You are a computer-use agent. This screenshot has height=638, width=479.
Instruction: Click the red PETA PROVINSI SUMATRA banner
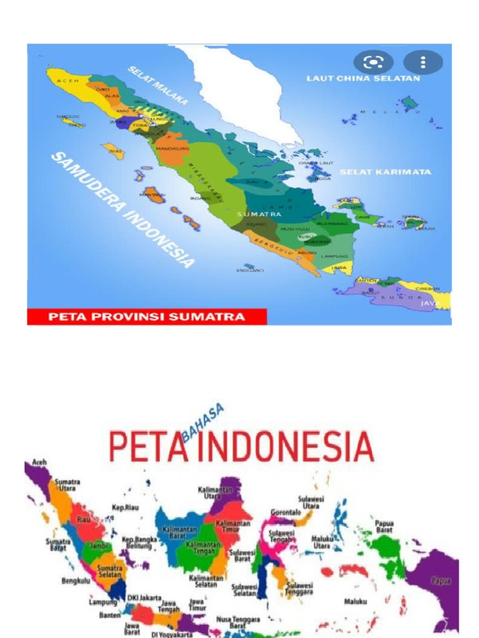[147, 317]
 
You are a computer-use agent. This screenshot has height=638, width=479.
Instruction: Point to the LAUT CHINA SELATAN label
[363, 79]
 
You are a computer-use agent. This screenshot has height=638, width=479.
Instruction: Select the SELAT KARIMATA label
[385, 171]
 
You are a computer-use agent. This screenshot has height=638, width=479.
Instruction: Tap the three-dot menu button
[423, 62]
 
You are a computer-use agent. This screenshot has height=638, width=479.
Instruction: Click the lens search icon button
[374, 62]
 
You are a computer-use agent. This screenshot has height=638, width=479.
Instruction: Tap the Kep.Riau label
[125, 507]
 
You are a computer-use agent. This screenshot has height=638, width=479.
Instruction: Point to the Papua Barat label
[384, 527]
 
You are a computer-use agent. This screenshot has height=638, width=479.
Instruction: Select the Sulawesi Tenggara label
[300, 589]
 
